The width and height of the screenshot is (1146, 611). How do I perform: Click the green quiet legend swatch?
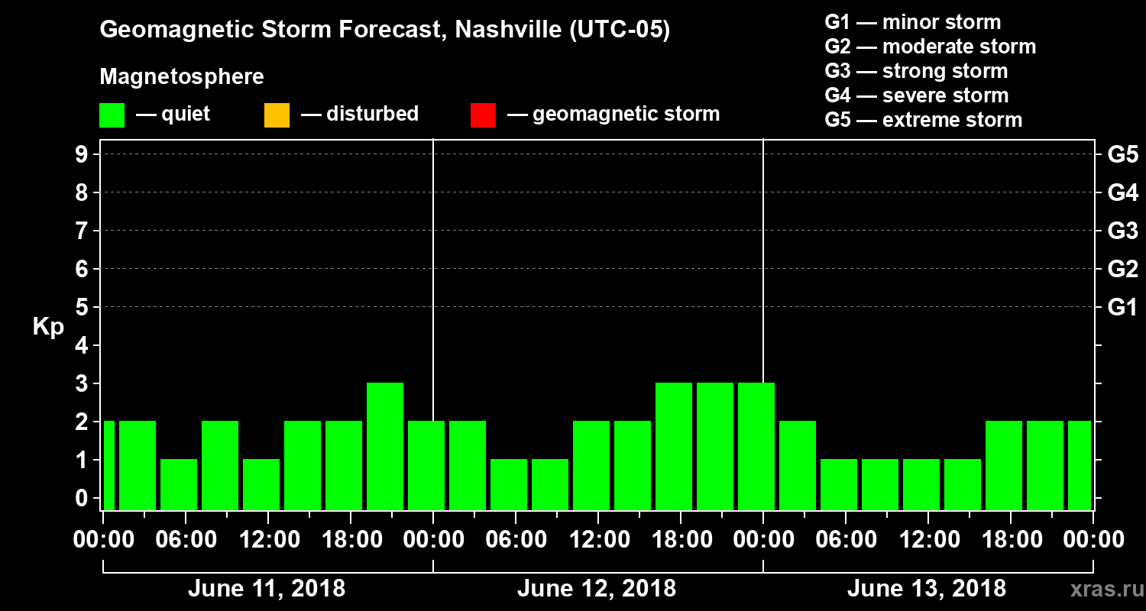112,115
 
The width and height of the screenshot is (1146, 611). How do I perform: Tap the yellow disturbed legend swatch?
277,115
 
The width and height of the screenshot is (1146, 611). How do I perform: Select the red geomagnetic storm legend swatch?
483,115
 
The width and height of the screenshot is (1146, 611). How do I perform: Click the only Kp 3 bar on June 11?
385,446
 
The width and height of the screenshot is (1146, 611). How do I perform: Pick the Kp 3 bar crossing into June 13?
756,446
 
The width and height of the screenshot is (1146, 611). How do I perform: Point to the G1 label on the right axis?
1122,308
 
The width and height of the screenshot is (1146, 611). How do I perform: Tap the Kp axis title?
48,327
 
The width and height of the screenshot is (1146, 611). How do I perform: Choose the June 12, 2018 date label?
596,589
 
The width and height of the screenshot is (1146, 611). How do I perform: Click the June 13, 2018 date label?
926,589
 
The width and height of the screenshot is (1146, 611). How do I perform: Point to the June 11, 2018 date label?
266,589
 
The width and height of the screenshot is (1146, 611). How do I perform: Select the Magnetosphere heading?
182,77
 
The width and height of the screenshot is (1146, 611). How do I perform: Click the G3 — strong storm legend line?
916,71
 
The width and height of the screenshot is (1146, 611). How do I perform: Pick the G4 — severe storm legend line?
916,95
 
